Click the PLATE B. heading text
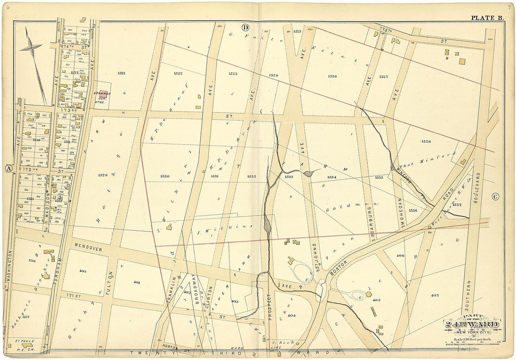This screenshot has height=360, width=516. point(487,18)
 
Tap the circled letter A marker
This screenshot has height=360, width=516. point(8,169)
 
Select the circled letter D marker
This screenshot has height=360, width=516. point(245,27)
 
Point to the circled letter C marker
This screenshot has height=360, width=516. point(495,197)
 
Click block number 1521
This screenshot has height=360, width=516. point(109,74)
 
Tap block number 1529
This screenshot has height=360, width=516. point(103,175)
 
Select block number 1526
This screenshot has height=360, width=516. point(332,76)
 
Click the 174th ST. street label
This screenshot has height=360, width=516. point(75,47)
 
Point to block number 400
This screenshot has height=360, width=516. point(83,271)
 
